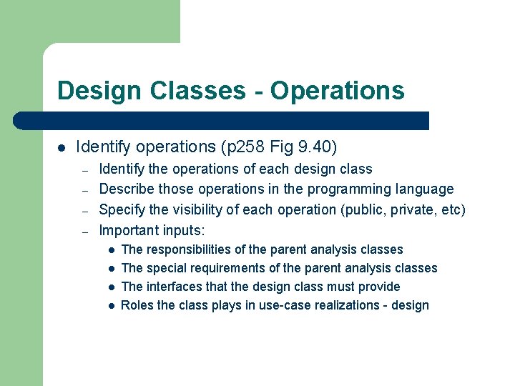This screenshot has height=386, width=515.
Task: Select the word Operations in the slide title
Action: [337, 91]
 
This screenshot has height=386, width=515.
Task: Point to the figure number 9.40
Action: [314, 147]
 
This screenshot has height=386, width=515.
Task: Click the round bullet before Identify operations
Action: [62, 148]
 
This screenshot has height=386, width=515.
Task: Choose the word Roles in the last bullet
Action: [137, 305]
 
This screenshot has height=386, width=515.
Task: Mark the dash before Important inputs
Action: [84, 231]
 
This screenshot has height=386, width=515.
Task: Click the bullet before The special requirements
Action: [111, 269]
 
